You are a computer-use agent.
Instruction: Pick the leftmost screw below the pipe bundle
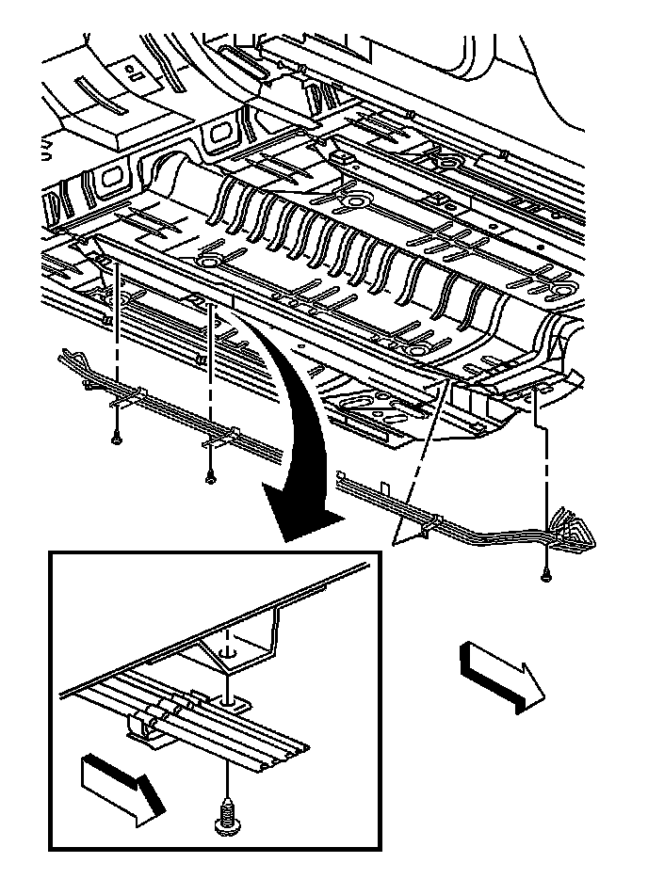tap(114, 437)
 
